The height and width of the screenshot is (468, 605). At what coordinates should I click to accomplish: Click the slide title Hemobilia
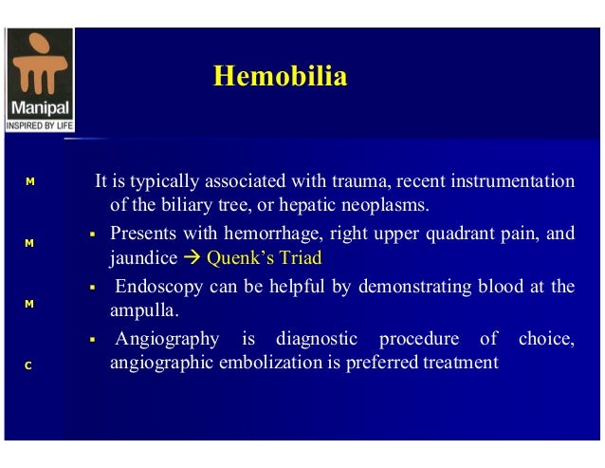click(280, 76)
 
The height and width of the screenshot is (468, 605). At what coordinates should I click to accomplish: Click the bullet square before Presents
click(94, 234)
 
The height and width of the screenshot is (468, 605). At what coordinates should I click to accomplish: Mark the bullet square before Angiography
click(94, 340)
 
